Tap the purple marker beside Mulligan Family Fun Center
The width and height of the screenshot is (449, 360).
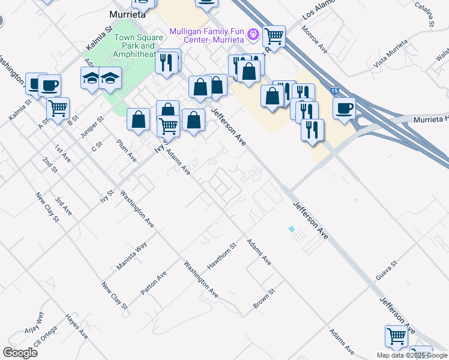(x=254, y=33)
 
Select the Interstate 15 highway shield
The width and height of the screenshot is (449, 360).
(x=334, y=90)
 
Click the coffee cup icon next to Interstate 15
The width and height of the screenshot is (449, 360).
(x=344, y=109)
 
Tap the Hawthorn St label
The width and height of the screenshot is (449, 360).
(x=221, y=256)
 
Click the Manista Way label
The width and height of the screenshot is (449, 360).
(x=132, y=256)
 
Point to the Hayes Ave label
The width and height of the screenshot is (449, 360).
(x=77, y=326)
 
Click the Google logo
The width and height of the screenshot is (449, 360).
(x=20, y=352)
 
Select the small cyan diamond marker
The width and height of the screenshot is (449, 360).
(x=292, y=229)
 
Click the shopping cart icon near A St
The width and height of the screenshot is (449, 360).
(x=58, y=109)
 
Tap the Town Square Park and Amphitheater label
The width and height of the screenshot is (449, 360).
(x=134, y=46)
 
